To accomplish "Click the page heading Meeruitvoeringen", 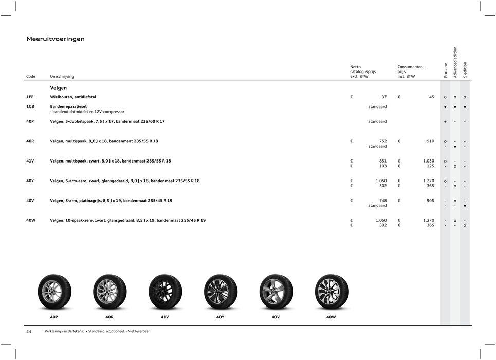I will click(x=56, y=39).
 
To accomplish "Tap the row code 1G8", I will click(x=31, y=106).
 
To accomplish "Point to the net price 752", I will click(x=382, y=141).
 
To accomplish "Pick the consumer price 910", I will click(x=429, y=141).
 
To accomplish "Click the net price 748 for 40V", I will click(x=382, y=200).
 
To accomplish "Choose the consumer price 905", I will click(x=429, y=200).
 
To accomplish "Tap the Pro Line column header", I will click(x=446, y=70).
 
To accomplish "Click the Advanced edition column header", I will click(x=455, y=62).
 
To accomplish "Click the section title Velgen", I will click(x=58, y=88).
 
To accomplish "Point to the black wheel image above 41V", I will click(x=165, y=291).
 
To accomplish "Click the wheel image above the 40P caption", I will click(x=54, y=291).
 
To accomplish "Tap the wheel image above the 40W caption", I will click(x=332, y=291).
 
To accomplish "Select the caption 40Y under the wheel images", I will click(x=220, y=317).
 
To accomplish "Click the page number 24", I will click(x=29, y=331).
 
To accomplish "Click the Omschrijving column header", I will click(x=62, y=77).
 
